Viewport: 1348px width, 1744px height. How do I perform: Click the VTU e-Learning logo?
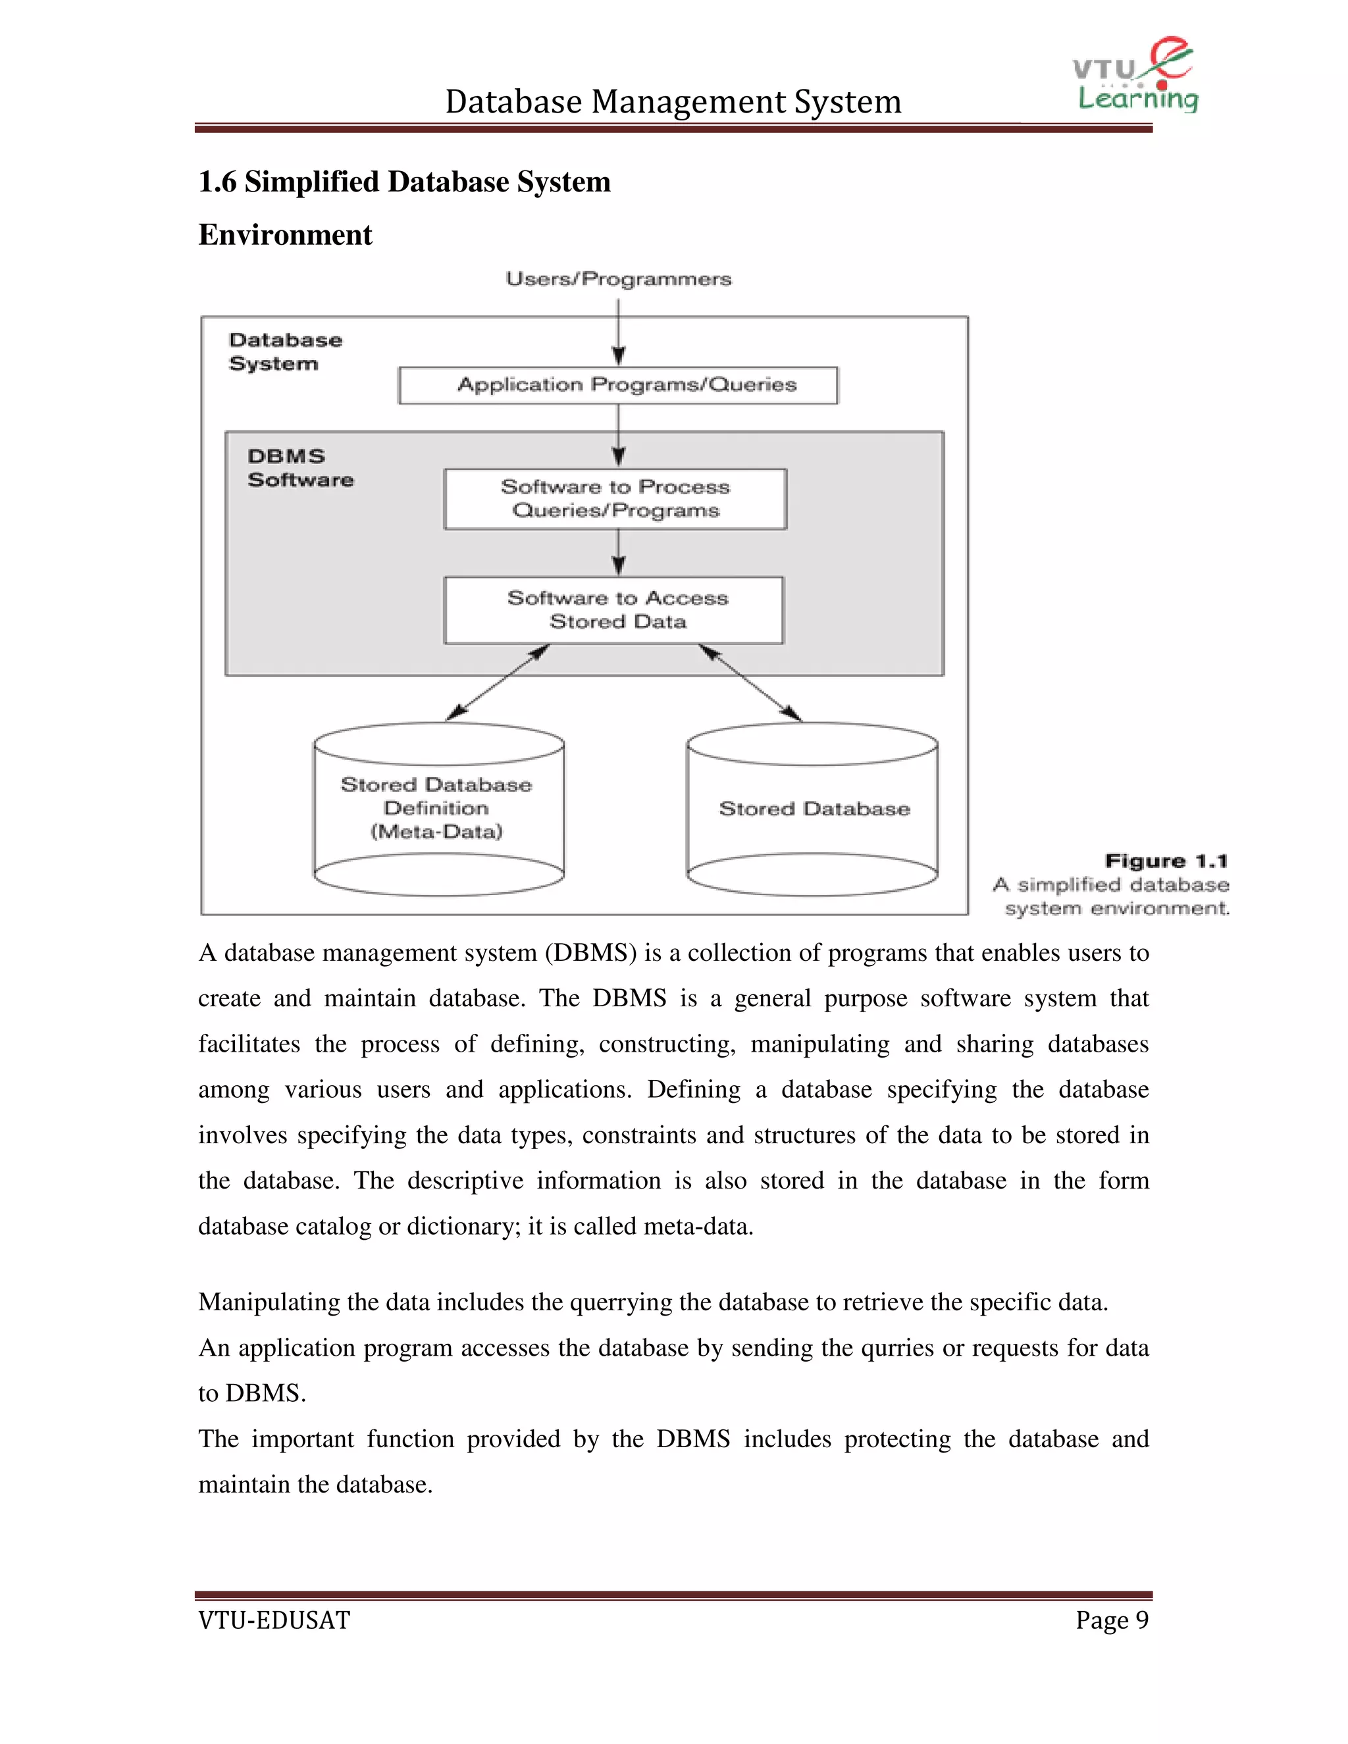click(1135, 76)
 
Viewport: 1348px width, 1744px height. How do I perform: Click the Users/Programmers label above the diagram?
click(618, 278)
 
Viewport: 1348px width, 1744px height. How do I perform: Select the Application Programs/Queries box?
click(618, 385)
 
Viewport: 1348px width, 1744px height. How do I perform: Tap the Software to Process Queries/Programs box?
click(615, 499)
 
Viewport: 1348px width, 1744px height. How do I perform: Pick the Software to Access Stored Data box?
click(613, 610)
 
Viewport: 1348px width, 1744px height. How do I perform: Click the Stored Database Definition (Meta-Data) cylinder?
click(438, 808)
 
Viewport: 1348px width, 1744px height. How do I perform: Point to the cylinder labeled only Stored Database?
click(812, 808)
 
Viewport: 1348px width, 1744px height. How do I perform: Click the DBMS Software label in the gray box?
click(299, 468)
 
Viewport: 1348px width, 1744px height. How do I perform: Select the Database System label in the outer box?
click(285, 351)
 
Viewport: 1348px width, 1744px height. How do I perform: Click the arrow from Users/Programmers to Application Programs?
click(618, 332)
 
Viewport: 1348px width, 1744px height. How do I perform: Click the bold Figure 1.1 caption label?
click(1166, 861)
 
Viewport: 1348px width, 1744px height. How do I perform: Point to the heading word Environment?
click(285, 235)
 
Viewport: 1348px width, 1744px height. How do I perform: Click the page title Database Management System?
click(673, 101)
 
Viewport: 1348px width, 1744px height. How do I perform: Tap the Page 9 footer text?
click(1112, 1620)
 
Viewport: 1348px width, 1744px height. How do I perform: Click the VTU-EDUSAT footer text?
click(274, 1620)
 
